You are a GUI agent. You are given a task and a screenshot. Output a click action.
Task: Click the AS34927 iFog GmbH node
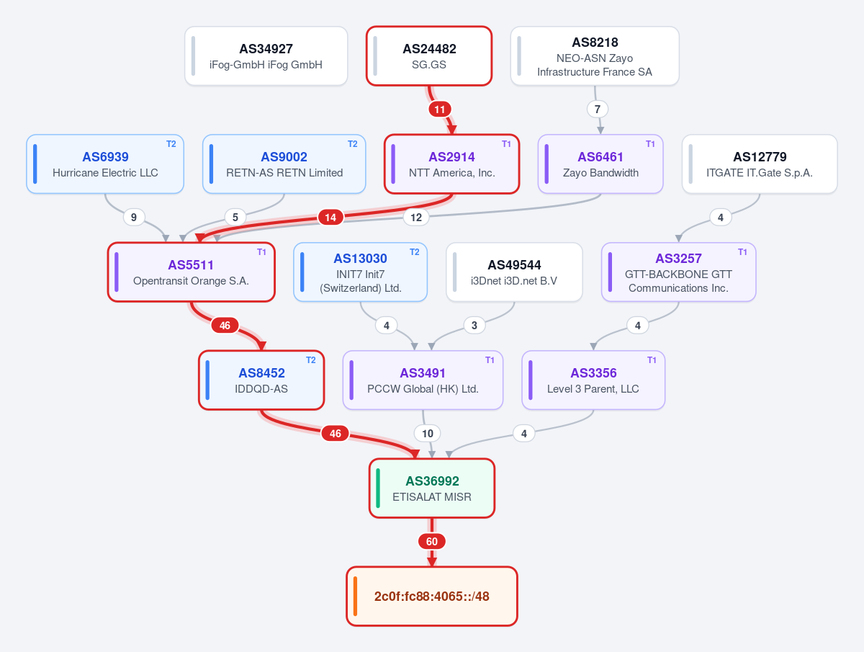pyautogui.click(x=266, y=56)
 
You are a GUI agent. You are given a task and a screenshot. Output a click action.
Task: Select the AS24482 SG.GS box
pyautogui.click(x=429, y=56)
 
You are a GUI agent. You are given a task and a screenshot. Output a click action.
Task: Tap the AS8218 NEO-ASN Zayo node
pyautogui.click(x=595, y=56)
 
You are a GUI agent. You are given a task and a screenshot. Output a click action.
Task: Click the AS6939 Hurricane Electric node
pyautogui.click(x=105, y=164)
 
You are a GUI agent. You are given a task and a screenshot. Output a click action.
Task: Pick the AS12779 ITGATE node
pyautogui.click(x=760, y=164)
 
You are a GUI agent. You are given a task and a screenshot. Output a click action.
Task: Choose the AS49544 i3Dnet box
pyautogui.click(x=514, y=272)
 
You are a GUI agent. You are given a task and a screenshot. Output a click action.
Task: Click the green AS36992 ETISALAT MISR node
pyautogui.click(x=432, y=488)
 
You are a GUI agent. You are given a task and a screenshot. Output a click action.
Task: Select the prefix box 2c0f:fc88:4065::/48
pyautogui.click(x=432, y=596)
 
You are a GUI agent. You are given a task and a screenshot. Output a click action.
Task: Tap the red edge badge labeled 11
pyautogui.click(x=440, y=109)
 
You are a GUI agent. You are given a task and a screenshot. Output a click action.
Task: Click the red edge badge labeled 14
pyautogui.click(x=330, y=218)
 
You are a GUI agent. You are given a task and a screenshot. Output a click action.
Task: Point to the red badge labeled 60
pyautogui.click(x=432, y=541)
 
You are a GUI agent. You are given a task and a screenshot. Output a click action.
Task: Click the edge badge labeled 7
pyautogui.click(x=598, y=109)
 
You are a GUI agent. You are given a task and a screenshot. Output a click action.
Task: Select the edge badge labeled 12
pyautogui.click(x=416, y=218)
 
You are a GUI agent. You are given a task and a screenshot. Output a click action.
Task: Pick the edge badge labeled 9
pyautogui.click(x=134, y=218)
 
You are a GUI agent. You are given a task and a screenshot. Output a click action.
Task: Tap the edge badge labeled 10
pyautogui.click(x=428, y=434)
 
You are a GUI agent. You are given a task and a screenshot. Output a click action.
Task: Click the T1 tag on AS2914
pyautogui.click(x=506, y=144)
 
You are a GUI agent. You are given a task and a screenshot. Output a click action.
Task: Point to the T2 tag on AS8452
pyautogui.click(x=310, y=360)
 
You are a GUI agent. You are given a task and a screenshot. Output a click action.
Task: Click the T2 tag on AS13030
pyautogui.click(x=414, y=252)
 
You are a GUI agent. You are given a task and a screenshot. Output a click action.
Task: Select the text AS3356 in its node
pyautogui.click(x=593, y=373)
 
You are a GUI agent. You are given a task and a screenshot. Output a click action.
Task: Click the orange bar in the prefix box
pyautogui.click(x=355, y=596)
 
